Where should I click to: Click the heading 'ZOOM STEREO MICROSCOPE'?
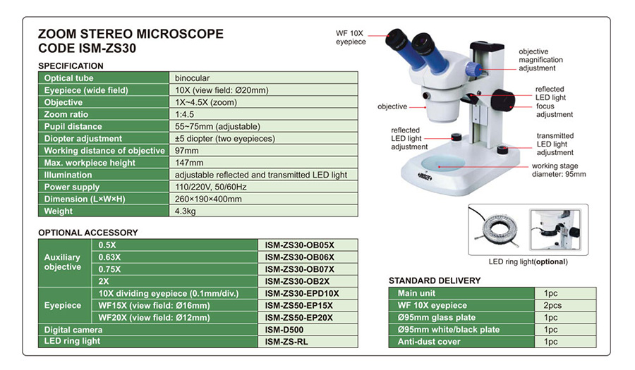point(131,34)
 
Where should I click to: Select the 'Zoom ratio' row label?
point(67,114)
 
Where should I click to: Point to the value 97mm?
point(187,150)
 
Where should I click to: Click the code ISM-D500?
point(284,329)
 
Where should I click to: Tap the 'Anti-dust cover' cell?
point(429,342)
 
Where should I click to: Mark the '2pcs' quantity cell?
point(553,305)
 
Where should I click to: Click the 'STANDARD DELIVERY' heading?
point(435,280)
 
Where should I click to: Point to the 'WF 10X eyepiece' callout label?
point(351,37)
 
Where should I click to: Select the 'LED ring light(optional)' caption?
point(528,261)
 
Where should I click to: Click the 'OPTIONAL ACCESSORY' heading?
point(88,232)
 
